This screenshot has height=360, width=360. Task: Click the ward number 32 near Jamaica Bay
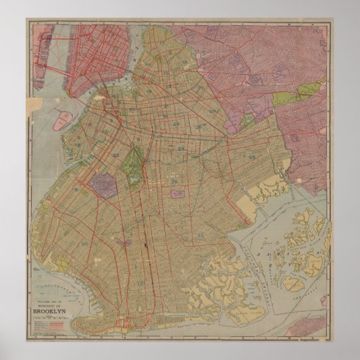pos(202,235)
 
